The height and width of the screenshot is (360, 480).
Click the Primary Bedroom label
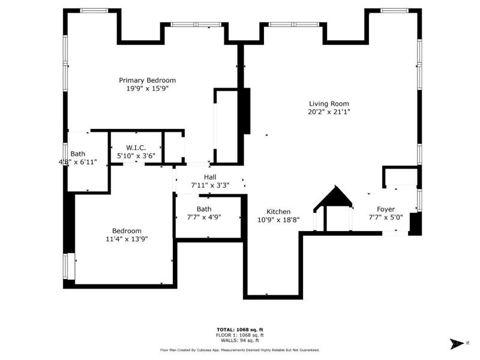(x=147, y=80)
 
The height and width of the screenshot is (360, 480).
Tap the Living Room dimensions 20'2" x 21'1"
(x=329, y=112)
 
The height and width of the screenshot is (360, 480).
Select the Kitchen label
(x=278, y=212)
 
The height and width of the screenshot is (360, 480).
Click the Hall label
(x=209, y=177)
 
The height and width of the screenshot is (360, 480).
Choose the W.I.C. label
(x=136, y=148)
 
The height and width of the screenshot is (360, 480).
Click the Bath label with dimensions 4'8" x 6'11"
(x=78, y=154)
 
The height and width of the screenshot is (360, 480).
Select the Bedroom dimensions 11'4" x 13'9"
(x=127, y=239)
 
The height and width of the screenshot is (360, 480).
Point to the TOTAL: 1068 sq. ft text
(x=239, y=330)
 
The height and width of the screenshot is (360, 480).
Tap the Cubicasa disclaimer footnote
(x=239, y=350)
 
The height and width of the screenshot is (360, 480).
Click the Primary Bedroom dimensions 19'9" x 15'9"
(x=147, y=89)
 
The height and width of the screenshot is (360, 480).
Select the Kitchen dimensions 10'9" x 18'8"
(x=278, y=220)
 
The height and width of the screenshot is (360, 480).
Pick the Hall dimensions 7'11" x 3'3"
(x=209, y=185)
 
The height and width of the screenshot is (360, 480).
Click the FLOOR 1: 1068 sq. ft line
(x=239, y=335)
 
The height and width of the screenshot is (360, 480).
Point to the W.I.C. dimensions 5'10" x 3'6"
(x=136, y=156)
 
